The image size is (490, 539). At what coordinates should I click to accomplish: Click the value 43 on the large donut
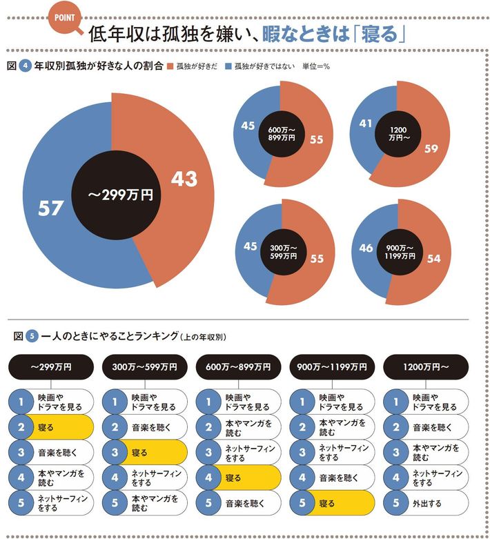point(184,179)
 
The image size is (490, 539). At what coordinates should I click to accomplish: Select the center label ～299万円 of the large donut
point(121,195)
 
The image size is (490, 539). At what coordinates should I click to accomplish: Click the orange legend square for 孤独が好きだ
point(170,67)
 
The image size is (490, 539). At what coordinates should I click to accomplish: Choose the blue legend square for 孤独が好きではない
point(228,67)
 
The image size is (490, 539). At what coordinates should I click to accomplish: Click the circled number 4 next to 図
point(25,67)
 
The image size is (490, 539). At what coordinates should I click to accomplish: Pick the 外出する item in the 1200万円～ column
point(424,503)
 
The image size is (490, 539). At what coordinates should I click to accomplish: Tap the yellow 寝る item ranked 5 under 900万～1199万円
point(331,503)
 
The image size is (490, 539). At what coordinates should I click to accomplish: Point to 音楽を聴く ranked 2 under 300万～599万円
point(143,427)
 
